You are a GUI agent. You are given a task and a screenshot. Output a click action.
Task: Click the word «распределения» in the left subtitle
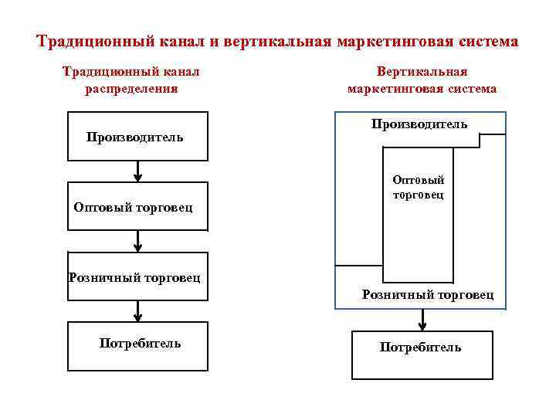[131, 88]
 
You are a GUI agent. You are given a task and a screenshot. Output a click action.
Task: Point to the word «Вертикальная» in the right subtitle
[422, 72]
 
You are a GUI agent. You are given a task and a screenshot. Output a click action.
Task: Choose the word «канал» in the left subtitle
[181, 72]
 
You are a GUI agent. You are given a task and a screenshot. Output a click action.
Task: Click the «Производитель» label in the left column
[135, 137]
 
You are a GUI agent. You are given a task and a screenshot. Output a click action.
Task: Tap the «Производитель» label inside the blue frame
[419, 124]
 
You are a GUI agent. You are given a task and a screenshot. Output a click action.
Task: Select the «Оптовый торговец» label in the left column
[133, 207]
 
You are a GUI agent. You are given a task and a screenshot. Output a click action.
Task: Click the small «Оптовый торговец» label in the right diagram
[418, 188]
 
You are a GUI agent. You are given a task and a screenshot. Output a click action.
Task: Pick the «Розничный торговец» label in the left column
[134, 276]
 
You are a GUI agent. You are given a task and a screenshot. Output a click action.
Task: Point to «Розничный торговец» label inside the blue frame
[428, 295]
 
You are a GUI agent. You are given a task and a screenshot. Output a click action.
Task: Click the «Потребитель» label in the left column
[140, 343]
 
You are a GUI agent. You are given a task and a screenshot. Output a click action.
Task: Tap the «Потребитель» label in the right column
[420, 347]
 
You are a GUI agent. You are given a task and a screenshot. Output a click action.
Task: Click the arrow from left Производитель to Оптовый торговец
[137, 171]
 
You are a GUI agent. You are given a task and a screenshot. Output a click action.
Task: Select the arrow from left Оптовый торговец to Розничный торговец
[137, 242]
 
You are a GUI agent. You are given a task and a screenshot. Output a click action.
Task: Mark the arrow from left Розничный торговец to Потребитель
[137, 310]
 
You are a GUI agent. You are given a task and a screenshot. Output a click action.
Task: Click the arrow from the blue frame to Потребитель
[422, 320]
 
